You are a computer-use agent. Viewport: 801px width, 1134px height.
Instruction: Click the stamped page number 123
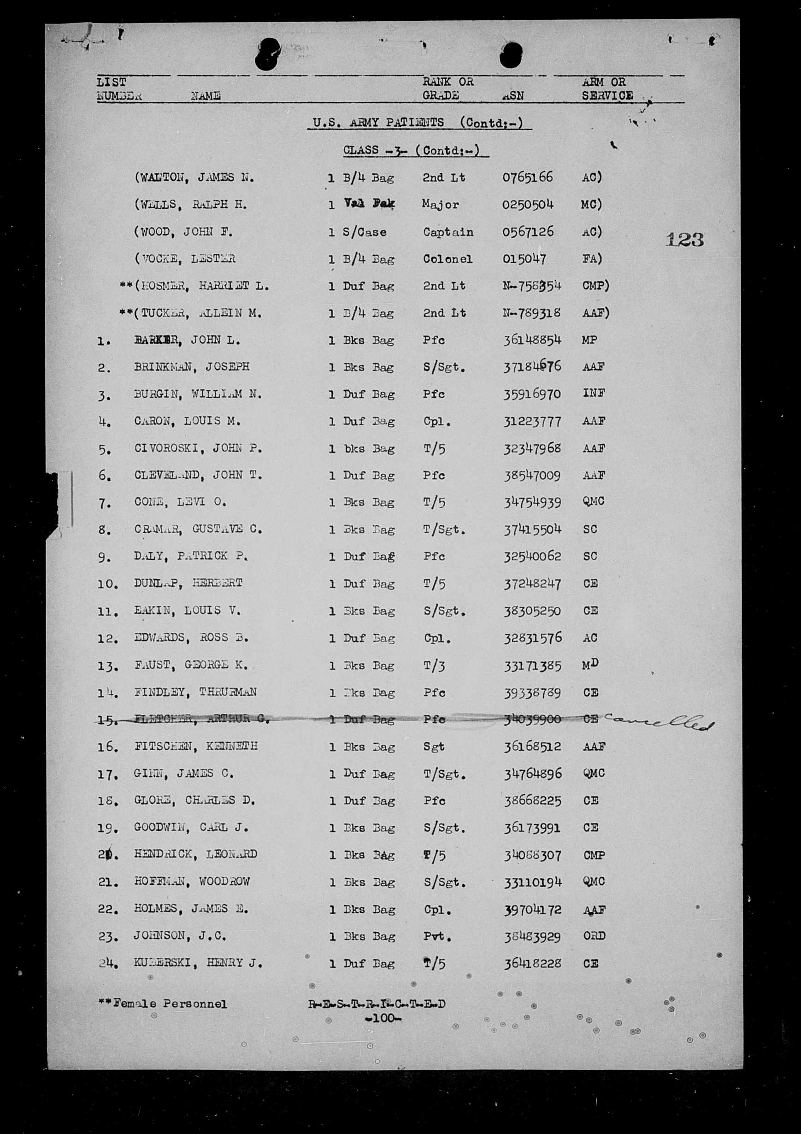pos(684,240)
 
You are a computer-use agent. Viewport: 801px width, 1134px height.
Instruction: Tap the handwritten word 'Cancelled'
pos(659,723)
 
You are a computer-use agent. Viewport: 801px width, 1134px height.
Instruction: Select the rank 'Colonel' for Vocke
pos(447,259)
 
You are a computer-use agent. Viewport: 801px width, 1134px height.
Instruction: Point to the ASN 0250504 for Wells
pos(528,205)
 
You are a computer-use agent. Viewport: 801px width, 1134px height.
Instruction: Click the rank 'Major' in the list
pos(440,205)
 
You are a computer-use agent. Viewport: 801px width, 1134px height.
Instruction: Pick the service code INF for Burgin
pos(594,394)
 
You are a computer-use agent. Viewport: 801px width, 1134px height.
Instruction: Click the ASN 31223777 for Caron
pos(532,421)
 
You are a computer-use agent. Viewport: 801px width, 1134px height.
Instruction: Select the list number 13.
pos(108,667)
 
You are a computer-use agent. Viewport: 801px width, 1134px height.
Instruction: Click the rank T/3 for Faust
pos(434,666)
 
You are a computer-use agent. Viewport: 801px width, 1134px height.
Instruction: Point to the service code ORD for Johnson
pos(594,936)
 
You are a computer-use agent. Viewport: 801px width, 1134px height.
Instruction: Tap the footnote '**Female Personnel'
pos(163,1004)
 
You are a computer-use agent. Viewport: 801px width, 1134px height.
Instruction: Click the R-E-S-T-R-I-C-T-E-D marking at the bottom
pos(377,1004)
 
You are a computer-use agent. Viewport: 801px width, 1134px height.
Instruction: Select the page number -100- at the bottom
pos(383,1018)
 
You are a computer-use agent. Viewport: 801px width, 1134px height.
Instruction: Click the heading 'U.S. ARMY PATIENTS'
pos(378,123)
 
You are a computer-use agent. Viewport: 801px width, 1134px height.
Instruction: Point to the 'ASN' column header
pos(512,96)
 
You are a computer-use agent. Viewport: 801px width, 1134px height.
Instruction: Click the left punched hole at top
pos(267,54)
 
